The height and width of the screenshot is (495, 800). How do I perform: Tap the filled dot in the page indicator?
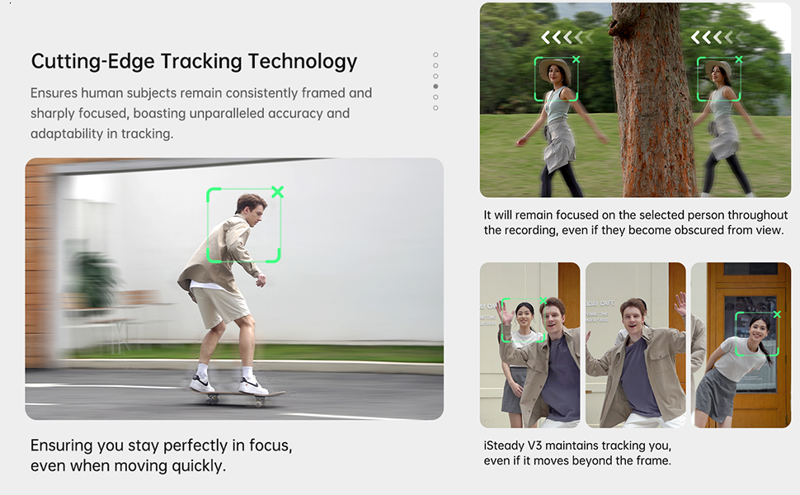click(435, 86)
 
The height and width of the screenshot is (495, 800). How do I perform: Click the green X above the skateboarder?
click(277, 192)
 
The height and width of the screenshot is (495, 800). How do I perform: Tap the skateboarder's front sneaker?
click(253, 385)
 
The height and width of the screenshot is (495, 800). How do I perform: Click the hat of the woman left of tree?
click(555, 68)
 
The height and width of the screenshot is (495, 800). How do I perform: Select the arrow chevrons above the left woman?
click(567, 37)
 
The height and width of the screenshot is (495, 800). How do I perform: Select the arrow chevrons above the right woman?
click(718, 37)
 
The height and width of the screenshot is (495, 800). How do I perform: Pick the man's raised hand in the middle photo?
click(680, 304)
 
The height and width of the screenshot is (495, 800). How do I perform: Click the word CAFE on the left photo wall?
click(492, 306)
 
